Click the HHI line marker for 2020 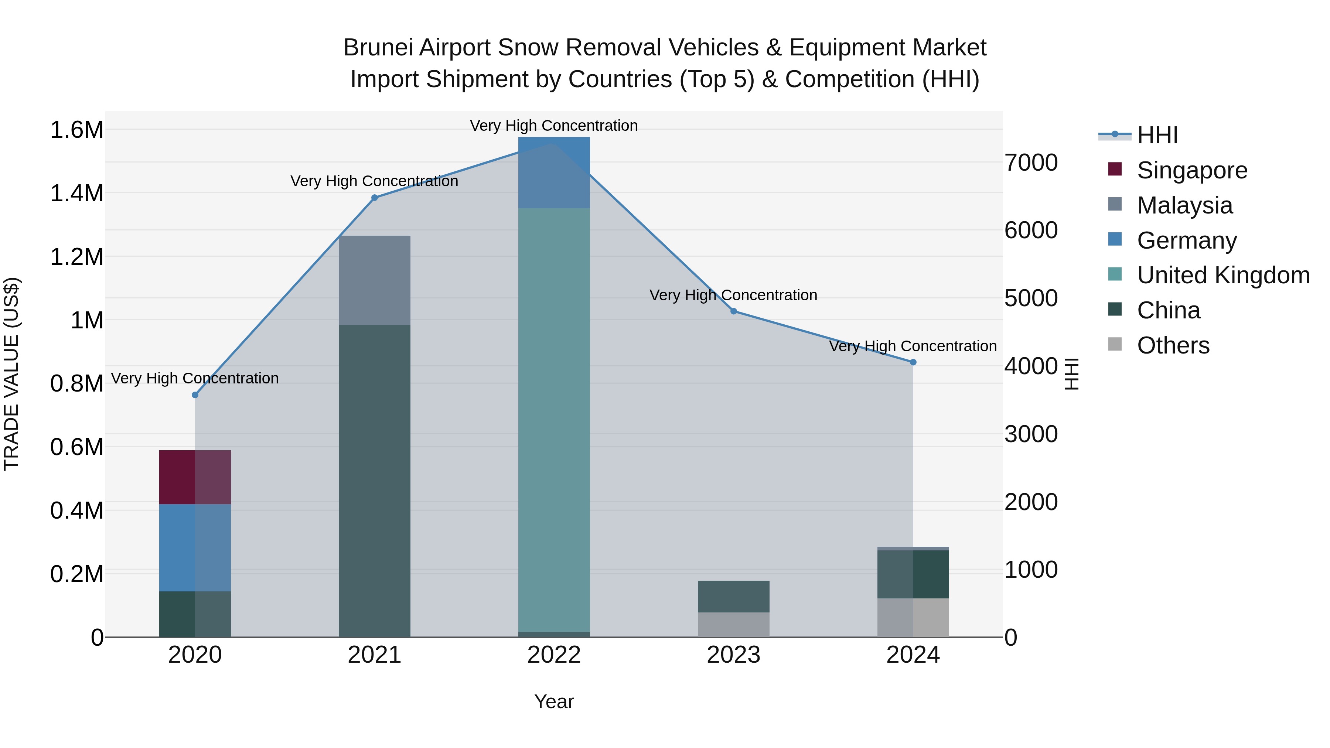pos(195,395)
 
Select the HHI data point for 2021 pos(374,198)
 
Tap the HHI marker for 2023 pos(734,311)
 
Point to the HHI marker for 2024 pos(913,362)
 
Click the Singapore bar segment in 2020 pos(195,477)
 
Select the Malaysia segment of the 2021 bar pos(374,280)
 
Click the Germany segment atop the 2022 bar pos(554,173)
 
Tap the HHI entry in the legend pos(1157,135)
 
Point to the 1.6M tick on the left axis pos(77,130)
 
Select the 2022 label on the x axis pos(554,655)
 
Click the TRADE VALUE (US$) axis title pos(12,374)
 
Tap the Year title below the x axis pos(554,701)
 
